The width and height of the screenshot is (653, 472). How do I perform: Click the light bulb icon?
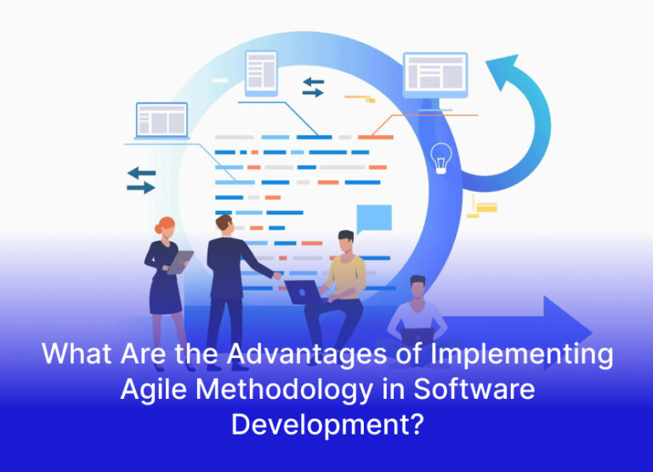tap(440, 158)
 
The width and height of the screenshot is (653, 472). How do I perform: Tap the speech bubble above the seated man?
tap(374, 219)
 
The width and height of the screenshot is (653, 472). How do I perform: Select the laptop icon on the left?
tap(162, 121)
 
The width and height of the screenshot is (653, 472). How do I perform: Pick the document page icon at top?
tap(261, 72)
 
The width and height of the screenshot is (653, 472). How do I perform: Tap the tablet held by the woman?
tap(179, 263)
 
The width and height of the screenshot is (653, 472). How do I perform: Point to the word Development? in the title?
tap(326, 424)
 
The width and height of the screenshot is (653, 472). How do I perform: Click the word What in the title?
tap(74, 354)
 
